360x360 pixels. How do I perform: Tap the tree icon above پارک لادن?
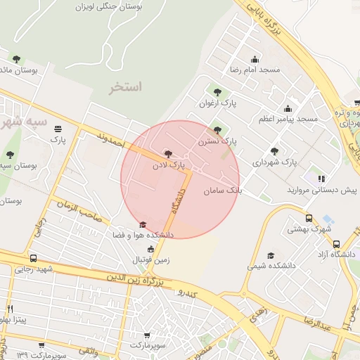[167, 153]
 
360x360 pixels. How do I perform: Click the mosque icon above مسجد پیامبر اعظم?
[288, 108]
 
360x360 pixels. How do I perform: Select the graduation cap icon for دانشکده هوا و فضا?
[143, 225]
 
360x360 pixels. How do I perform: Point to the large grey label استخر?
[126, 87]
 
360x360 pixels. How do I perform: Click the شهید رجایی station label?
[34, 269]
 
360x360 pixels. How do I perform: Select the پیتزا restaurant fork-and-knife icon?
[10, 309]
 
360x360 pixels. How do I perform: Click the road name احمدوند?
[111, 138]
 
